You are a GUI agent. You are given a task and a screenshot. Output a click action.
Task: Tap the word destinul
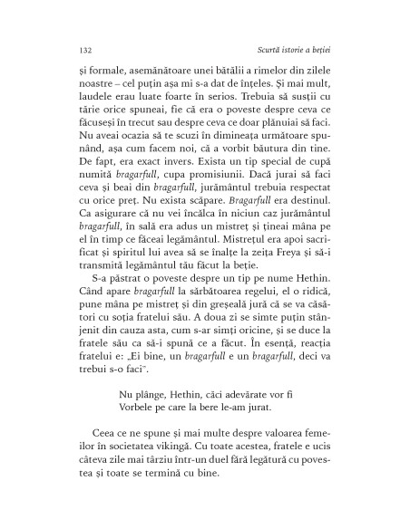pyautogui.click(x=317, y=255)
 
